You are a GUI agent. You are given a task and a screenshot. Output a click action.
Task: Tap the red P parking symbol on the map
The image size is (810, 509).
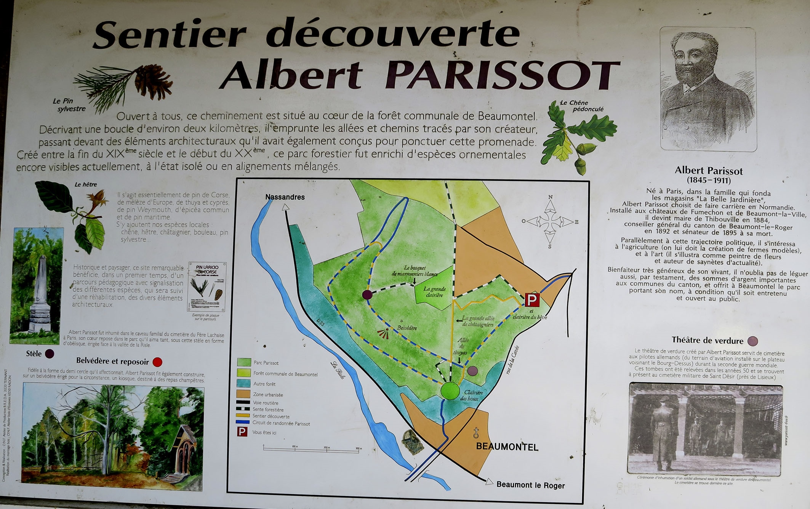532,300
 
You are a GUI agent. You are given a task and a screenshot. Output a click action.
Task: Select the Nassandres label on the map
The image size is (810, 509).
285,197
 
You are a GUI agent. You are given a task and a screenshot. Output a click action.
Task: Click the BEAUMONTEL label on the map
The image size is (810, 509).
507,447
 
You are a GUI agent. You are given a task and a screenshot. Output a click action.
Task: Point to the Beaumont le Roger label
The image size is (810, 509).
530,485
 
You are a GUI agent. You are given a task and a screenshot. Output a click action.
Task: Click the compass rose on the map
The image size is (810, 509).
550,221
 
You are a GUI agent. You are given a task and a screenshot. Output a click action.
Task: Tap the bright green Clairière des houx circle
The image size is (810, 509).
450,391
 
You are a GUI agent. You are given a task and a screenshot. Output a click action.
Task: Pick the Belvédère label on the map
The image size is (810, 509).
407,328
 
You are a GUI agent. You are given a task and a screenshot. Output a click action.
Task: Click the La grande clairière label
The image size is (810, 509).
434,292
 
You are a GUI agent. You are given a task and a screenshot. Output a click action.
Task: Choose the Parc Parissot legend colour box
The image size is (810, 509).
243,362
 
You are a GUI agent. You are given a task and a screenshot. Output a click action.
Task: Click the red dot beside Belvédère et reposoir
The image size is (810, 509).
157,362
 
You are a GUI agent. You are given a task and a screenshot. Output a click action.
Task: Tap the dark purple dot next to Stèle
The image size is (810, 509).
50,354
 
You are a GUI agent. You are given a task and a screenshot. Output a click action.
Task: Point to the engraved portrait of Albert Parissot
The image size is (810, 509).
708,89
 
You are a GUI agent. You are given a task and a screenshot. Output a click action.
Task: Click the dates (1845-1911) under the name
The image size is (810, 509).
709,180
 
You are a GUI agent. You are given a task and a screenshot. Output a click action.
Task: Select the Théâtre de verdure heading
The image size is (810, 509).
707,340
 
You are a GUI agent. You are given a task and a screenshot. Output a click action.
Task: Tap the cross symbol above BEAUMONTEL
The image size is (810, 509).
476,433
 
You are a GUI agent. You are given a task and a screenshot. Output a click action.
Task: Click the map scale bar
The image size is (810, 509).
311,449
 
